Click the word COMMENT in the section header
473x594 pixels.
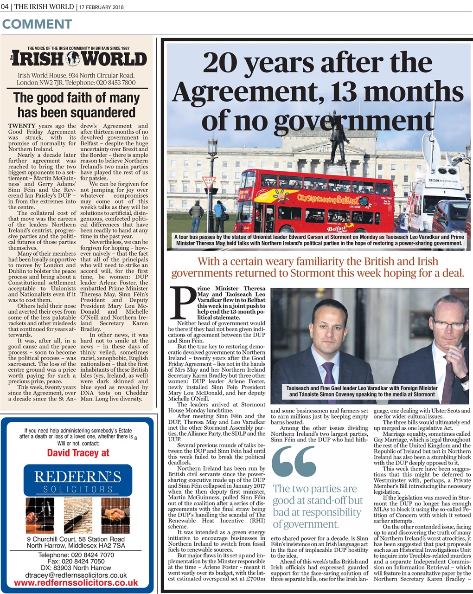click(37, 24)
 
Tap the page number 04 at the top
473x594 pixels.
click(6, 6)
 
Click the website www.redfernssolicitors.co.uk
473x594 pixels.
click(76, 583)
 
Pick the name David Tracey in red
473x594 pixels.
click(78, 452)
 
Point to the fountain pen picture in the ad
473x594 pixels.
click(78, 514)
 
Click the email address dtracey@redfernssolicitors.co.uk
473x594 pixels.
click(76, 575)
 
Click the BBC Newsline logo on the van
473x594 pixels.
click(443, 181)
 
